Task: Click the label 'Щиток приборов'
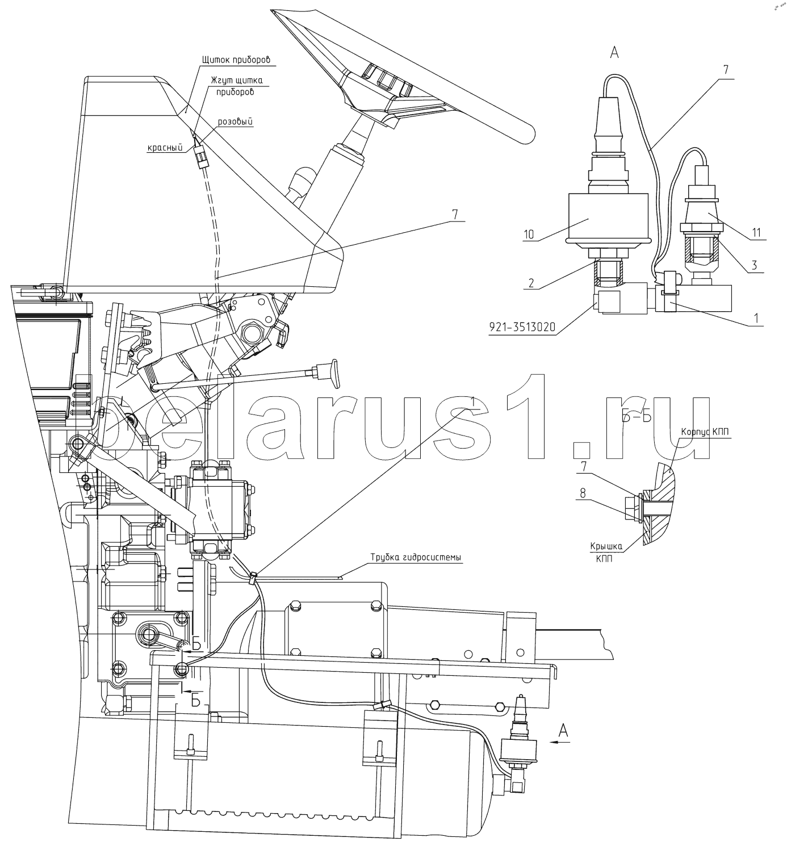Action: pyautogui.click(x=236, y=60)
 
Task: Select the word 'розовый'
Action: pyautogui.click(x=235, y=122)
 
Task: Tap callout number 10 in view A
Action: pyautogui.click(x=529, y=234)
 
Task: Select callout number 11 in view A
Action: pyautogui.click(x=756, y=232)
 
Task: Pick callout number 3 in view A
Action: pyautogui.click(x=754, y=265)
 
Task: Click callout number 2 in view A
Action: pyautogui.click(x=531, y=282)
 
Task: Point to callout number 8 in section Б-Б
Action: pyautogui.click(x=583, y=493)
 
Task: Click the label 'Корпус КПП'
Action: pyautogui.click(x=705, y=432)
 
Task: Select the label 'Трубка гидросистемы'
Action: pyautogui.click(x=416, y=557)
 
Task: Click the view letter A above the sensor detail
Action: pyautogui.click(x=614, y=52)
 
